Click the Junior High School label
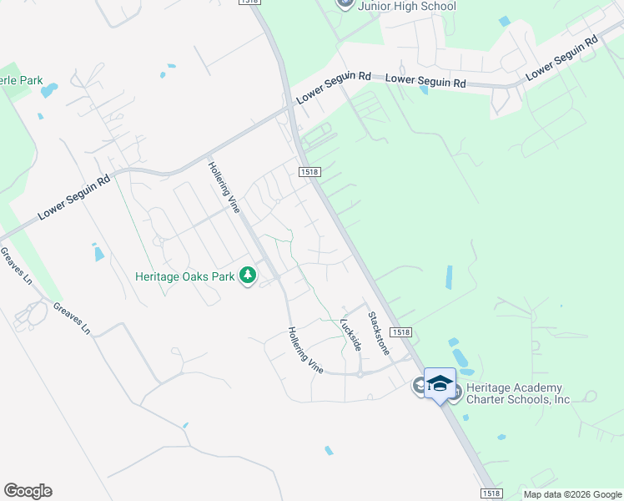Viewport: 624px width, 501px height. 408,7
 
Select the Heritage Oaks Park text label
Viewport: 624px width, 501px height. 185,275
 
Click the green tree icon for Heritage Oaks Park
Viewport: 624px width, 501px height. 247,275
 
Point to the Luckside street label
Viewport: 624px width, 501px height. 351,334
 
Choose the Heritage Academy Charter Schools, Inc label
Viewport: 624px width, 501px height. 517,393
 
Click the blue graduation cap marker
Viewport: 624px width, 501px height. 440,383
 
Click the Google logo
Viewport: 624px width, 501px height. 28,491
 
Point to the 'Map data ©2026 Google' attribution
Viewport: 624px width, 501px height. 571,494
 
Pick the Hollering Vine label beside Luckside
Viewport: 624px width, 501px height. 305,349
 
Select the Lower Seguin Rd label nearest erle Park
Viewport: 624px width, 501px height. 73,197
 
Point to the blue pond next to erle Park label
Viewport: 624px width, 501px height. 49,89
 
